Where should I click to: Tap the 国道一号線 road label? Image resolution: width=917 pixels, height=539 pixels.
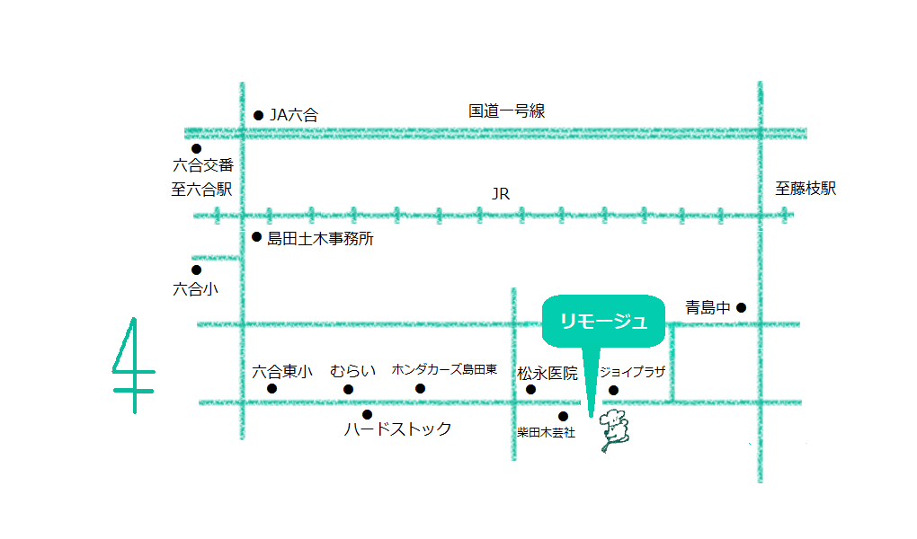coord(506,111)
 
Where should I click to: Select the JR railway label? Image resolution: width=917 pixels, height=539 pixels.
coord(501,193)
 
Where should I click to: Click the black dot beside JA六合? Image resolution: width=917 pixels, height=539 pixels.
coord(258,115)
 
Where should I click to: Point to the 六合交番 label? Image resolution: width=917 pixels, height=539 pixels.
coord(203,166)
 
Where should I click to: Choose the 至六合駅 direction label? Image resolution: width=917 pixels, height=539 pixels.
coord(202,190)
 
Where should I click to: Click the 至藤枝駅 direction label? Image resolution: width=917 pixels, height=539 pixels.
coord(806,189)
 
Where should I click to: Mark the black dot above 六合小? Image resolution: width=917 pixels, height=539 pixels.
coord(196,269)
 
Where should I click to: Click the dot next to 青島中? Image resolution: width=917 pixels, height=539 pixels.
coord(742,307)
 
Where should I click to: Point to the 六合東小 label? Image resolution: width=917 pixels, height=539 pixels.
coord(282,371)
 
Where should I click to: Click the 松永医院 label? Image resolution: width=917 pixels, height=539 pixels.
coord(547,373)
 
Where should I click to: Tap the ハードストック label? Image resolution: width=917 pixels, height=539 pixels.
coord(397,429)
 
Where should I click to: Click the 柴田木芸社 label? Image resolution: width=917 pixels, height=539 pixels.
coord(546,433)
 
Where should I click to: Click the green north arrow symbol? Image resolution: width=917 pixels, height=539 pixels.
coord(133,366)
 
